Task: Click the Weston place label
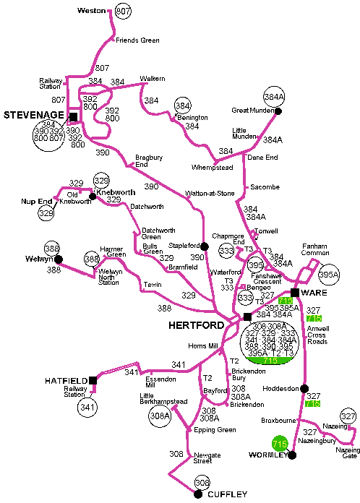tap(91, 12)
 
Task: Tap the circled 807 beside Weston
tap(124, 12)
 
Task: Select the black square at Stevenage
tap(73, 116)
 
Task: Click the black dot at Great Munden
tap(278, 111)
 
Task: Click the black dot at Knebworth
tap(92, 195)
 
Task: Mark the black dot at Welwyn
tap(59, 259)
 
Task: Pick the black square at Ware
tap(295, 293)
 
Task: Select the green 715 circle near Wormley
tap(279, 443)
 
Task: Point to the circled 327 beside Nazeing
tap(348, 417)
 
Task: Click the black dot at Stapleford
tap(205, 246)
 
